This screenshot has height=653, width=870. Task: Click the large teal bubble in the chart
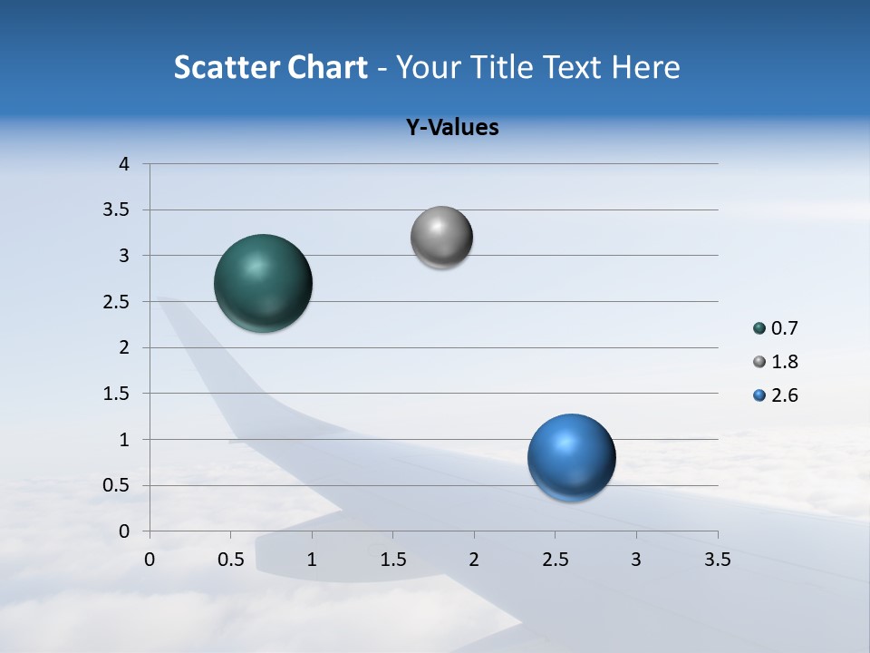click(x=263, y=283)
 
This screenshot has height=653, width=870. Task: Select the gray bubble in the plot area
click(x=441, y=238)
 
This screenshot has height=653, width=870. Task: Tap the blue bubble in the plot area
click(x=571, y=457)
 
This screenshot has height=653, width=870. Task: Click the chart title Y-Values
click(x=451, y=128)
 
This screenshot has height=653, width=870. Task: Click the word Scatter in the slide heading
click(x=226, y=67)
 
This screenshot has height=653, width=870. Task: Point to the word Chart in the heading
click(x=327, y=67)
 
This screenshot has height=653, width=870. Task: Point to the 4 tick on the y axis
click(x=124, y=164)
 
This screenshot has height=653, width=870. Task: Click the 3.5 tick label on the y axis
click(x=118, y=210)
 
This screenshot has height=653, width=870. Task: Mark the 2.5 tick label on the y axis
click(x=118, y=302)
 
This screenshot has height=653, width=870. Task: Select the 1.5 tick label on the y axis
click(x=118, y=394)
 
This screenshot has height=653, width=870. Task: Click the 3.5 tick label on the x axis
click(x=717, y=560)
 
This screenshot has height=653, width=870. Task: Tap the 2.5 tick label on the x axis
click(x=555, y=560)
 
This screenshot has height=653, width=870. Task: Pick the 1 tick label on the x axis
click(x=312, y=560)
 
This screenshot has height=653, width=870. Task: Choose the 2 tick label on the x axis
click(x=474, y=560)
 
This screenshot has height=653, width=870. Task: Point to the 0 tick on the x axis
click(x=150, y=560)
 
